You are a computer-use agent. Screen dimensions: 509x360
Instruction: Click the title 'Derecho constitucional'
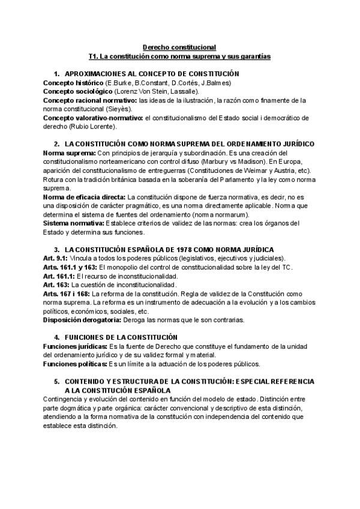179,47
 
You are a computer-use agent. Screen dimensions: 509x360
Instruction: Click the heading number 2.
56,145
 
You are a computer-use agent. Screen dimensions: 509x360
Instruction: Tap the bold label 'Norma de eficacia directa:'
85,197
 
